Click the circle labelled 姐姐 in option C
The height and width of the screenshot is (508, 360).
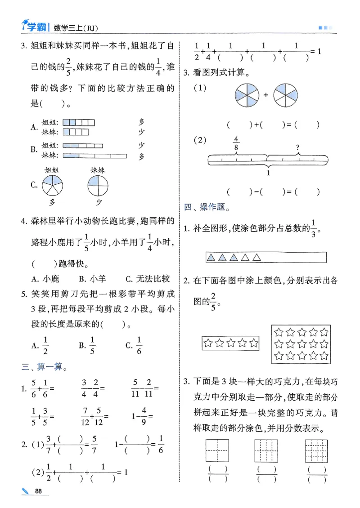(53, 185)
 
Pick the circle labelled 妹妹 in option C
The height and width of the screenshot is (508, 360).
(98, 185)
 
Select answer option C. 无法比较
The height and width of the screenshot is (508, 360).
(148, 279)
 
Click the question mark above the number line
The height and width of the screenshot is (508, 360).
(297, 147)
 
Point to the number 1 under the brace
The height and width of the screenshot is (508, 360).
(269, 173)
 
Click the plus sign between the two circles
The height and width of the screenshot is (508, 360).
(266, 95)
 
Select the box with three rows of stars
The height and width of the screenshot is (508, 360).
(301, 344)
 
